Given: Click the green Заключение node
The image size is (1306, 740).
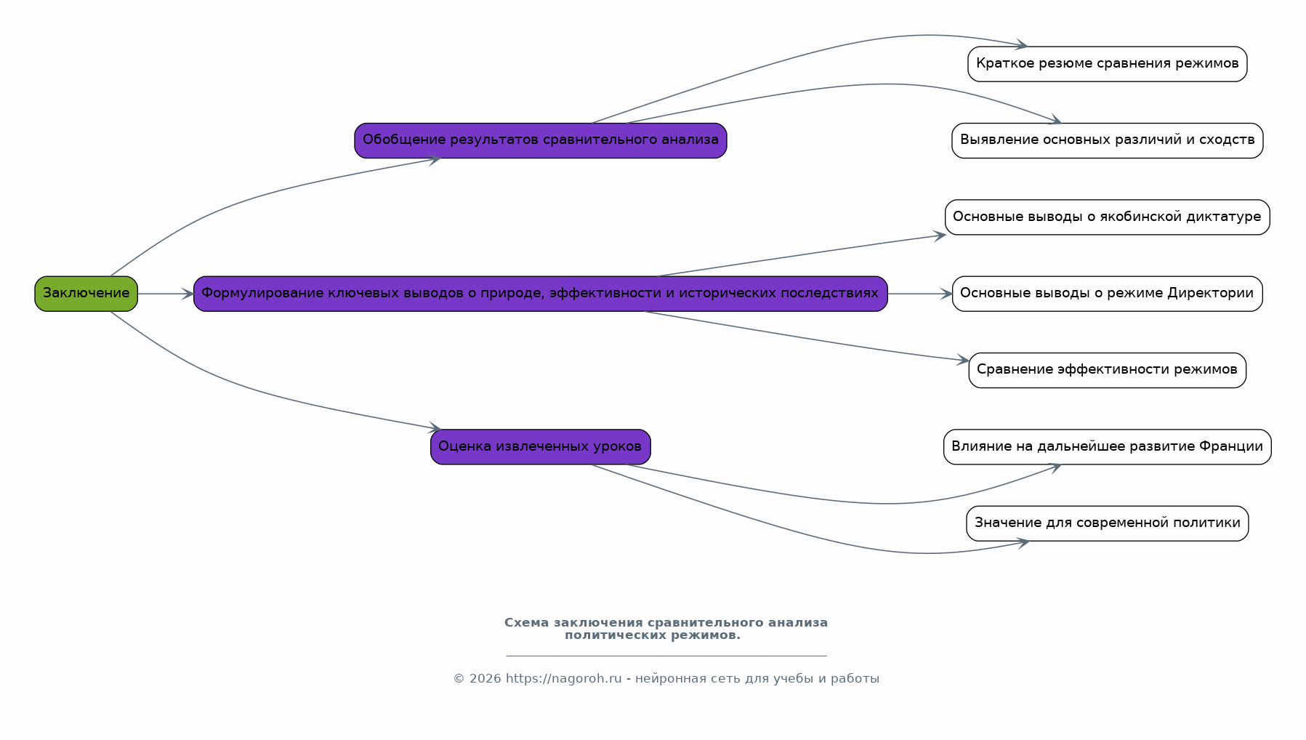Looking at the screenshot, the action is (x=86, y=294).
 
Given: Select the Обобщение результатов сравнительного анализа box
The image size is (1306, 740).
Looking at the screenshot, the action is (x=541, y=140).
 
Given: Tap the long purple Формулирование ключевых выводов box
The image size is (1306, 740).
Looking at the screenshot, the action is (x=541, y=294).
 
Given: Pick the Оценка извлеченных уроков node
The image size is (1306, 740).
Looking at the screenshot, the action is (x=541, y=447).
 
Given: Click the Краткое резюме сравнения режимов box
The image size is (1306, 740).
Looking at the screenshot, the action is (x=1108, y=64).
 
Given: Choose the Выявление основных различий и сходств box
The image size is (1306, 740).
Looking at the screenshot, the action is (x=1108, y=140).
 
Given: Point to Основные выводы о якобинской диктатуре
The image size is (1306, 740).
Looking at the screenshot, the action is (x=1108, y=217).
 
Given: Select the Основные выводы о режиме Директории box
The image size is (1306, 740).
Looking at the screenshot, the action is (x=1108, y=294).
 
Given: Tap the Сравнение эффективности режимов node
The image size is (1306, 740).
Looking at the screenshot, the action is (x=1108, y=371).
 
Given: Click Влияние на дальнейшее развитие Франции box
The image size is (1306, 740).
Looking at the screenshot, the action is (x=1108, y=447).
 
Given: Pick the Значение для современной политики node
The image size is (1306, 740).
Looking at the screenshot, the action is (x=1108, y=523).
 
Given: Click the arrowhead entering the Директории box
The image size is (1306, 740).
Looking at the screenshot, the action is (x=946, y=294).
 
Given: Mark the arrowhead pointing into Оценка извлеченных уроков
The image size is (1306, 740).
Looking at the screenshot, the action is (x=435, y=428).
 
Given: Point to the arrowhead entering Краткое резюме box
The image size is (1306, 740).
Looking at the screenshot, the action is (x=1021, y=46).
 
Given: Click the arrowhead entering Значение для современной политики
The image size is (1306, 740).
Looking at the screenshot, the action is (x=1023, y=542).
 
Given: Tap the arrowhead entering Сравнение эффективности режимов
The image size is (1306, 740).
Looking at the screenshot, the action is (x=962, y=360).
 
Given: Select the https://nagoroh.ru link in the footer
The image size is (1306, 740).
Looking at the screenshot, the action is (x=563, y=678).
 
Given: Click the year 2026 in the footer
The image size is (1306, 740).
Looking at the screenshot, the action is (x=485, y=678).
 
